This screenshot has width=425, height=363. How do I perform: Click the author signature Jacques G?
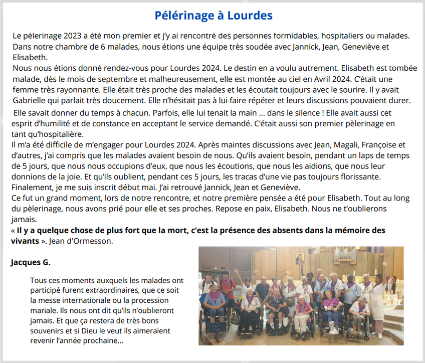point(31,262)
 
